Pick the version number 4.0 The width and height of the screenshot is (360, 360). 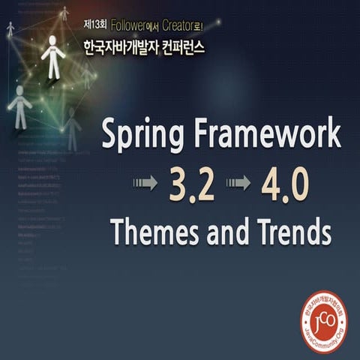click(284, 184)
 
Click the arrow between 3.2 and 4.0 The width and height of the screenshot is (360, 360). click(238, 184)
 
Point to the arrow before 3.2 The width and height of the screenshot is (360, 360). click(145, 184)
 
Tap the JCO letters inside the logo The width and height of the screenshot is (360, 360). click(324, 320)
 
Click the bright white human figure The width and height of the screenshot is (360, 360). click(52, 58)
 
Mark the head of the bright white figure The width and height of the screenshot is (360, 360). click(52, 43)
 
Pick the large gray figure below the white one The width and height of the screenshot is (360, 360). click(19, 106)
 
